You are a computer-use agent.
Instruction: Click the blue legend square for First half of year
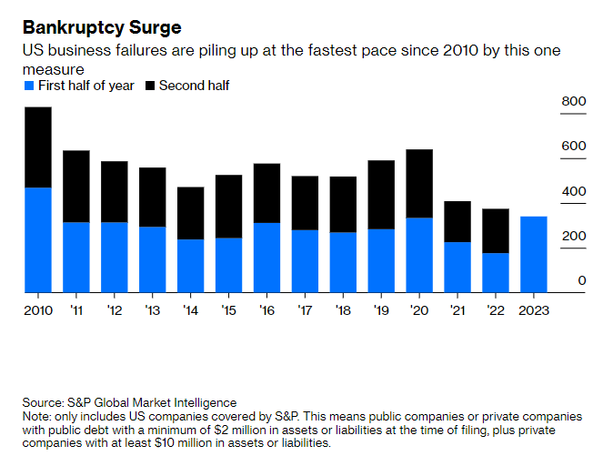pos(28,86)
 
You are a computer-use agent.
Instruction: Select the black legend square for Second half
pos(149,86)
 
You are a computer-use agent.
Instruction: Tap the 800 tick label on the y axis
pos(574,101)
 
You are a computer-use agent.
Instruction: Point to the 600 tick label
pos(574,147)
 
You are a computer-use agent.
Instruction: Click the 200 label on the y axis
pos(574,236)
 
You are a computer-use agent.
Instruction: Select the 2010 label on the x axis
pos(37,310)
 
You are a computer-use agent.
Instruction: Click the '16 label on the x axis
pos(266,310)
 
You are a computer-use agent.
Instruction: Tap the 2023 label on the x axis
pos(533,310)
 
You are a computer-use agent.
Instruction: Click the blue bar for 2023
pos(533,254)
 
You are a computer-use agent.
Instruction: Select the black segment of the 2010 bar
pos(37,147)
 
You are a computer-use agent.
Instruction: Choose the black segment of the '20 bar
pos(418,183)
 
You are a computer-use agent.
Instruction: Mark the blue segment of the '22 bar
pos(495,272)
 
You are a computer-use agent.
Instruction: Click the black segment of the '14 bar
pos(190,213)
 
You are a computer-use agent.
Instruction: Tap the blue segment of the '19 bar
pos(380,260)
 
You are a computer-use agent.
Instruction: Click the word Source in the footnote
pos(44,402)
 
